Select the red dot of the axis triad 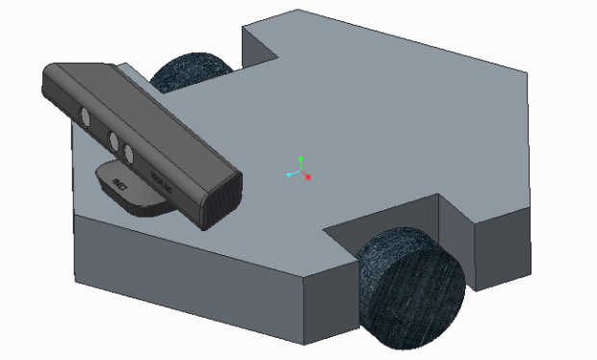point(308,178)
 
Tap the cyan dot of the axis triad point(289,175)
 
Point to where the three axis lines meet point(300,172)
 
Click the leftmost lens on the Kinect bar point(85,117)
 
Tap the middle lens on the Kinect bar point(113,141)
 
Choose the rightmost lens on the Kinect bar point(126,152)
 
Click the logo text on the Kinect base point(120,182)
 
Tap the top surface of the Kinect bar point(144,106)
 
